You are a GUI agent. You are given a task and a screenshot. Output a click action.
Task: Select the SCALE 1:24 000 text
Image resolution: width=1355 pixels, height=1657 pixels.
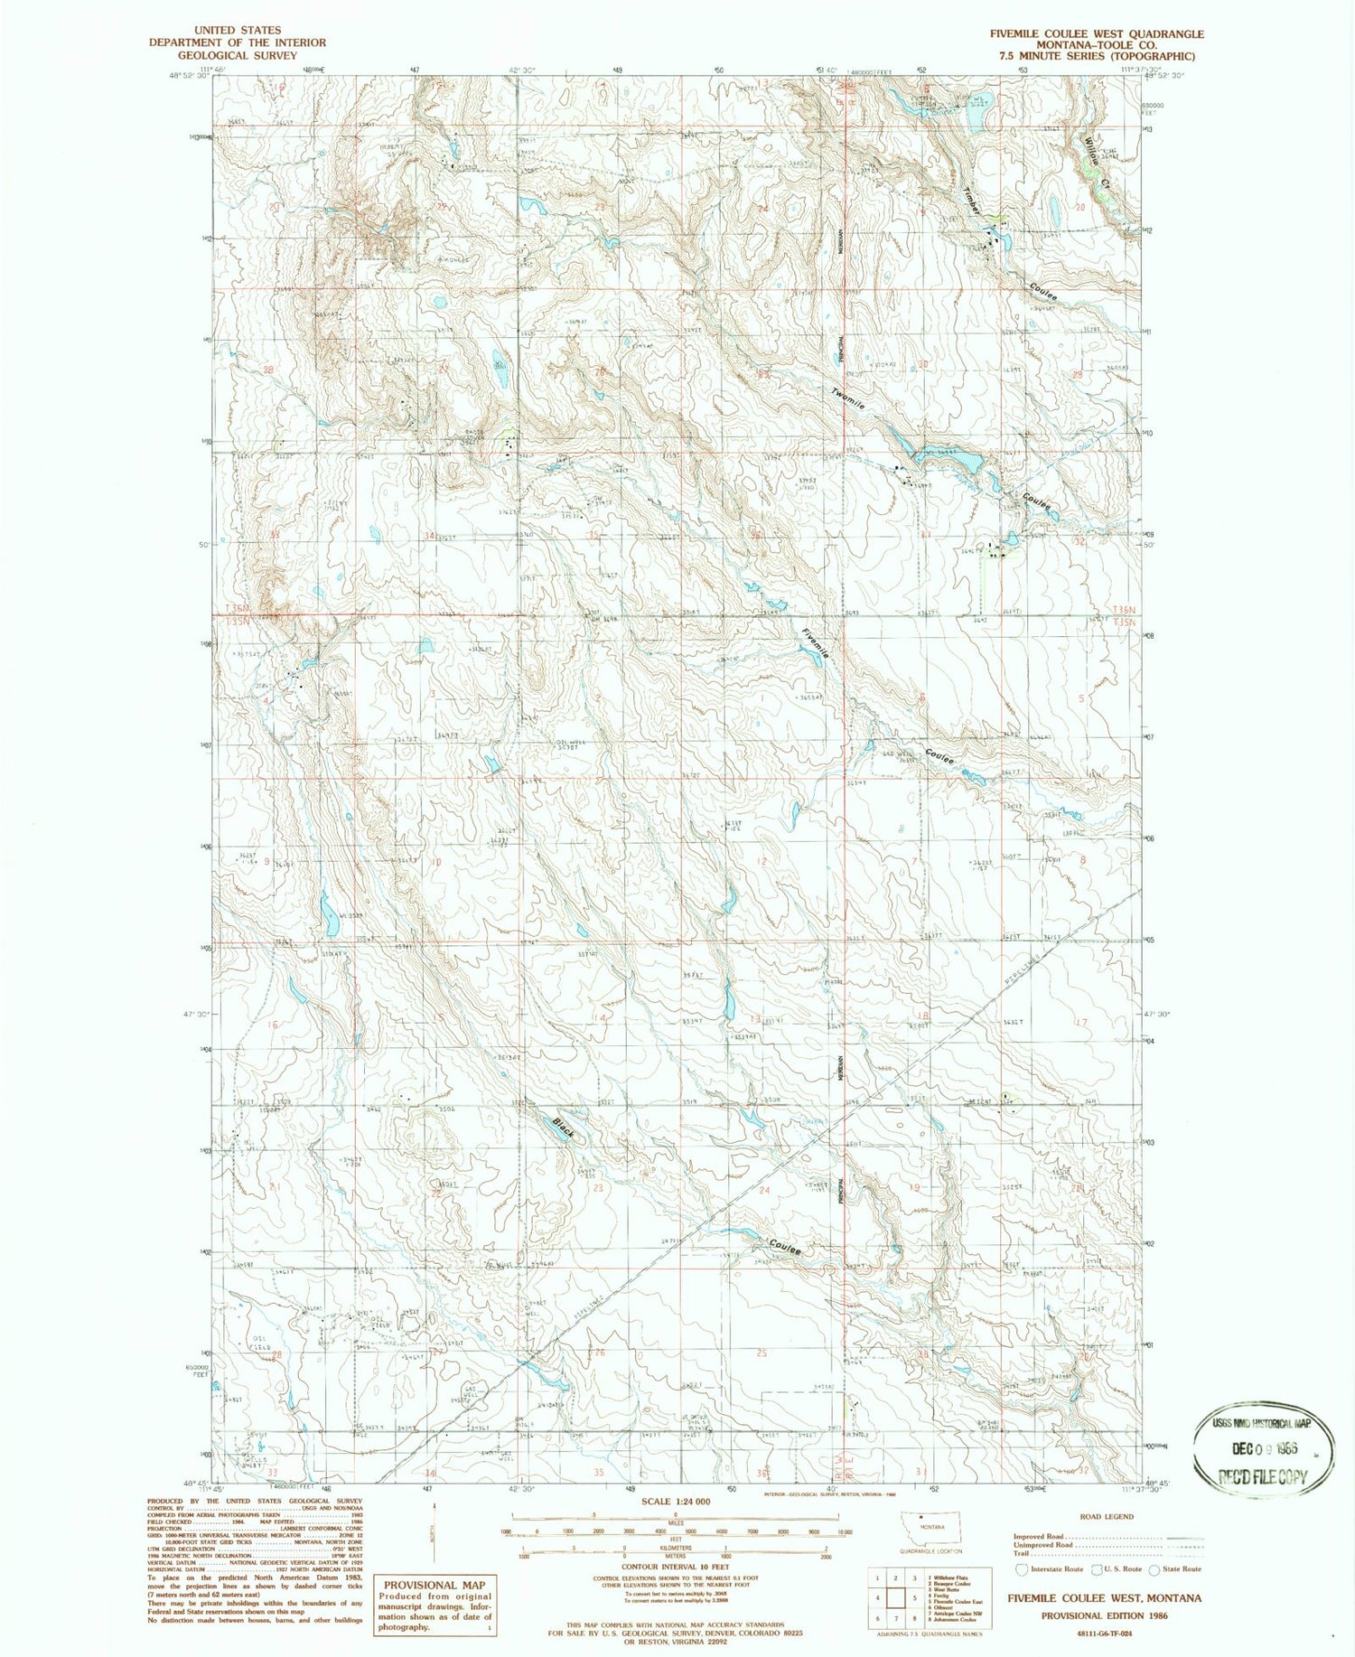click(675, 1502)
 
